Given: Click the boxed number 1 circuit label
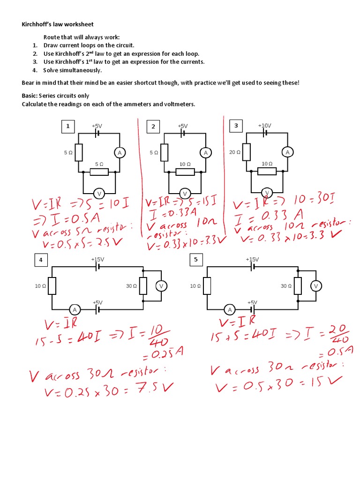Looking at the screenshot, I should coord(68,126).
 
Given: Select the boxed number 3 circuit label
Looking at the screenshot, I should coord(236,126).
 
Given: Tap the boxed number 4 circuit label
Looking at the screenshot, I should coord(41,260).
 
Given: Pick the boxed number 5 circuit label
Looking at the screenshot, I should coord(196,260).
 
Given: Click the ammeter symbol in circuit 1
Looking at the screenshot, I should coord(119,152).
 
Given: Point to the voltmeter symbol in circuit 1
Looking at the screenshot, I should coord(98,193).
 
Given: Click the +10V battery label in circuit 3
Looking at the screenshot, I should coord(264,126).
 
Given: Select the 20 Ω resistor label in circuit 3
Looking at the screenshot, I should coord(235,152).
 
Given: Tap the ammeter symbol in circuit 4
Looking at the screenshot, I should coord(75,309).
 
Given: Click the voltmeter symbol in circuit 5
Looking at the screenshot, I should coord(315,286).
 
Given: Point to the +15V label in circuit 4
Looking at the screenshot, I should coord(97,259).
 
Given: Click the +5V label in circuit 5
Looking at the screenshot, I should coord(253,303).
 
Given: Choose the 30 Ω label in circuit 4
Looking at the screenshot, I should coord(132,286).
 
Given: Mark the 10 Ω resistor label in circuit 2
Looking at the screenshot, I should coord(185,164).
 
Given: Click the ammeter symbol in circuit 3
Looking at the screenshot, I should coord(288,152).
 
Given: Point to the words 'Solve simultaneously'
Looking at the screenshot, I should coord(73,70).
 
